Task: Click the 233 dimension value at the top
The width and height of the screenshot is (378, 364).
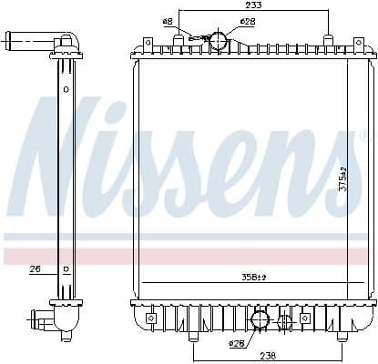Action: point(254,5)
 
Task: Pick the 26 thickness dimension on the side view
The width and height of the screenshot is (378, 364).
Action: point(36,268)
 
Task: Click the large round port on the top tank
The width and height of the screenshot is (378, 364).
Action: point(218,40)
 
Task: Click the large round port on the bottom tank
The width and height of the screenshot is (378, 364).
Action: point(260,319)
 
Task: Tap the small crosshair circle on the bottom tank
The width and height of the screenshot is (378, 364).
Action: point(285,320)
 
